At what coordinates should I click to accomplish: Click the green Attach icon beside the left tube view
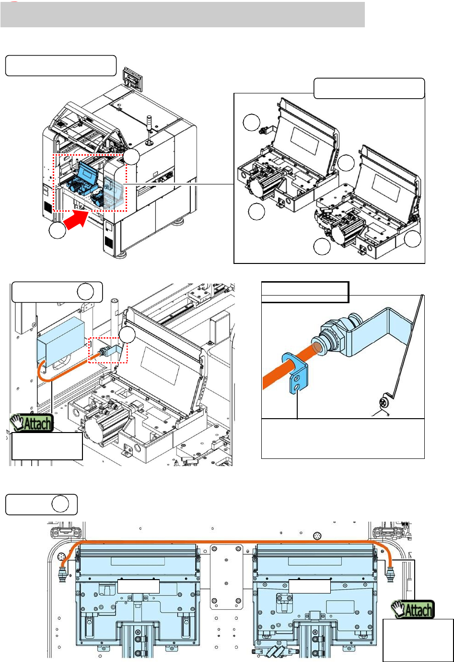pos(32,423)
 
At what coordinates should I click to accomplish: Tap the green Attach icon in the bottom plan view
pos(413,609)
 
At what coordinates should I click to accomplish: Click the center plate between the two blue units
pos(227,577)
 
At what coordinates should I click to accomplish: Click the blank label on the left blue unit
pos(139,586)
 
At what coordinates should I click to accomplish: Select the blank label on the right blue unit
pos(310,586)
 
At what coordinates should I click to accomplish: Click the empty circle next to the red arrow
pos(58,231)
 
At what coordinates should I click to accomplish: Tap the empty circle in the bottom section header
pos(60,504)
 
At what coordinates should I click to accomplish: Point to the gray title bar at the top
pos(182,14)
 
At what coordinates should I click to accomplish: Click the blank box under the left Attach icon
pos(47,446)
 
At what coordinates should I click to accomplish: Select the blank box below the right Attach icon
pos(418,640)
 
